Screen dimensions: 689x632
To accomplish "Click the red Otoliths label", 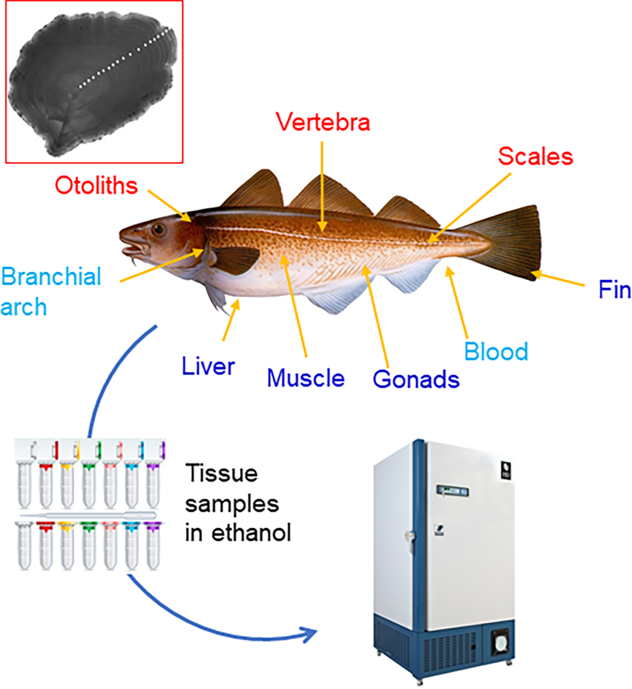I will (x=96, y=186).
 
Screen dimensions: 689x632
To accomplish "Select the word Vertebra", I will (x=323, y=122).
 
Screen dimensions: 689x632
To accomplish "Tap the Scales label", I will (x=535, y=157).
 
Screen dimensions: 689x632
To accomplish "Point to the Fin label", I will (x=614, y=290).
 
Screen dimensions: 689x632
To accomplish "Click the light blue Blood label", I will (x=496, y=351).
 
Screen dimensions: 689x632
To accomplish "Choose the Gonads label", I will (x=416, y=380).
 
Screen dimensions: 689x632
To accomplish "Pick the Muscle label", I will (x=306, y=378).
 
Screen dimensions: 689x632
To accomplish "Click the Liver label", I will (x=208, y=366).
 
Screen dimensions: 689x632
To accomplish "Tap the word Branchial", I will (x=51, y=277).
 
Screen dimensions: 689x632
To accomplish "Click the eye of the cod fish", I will (x=158, y=229).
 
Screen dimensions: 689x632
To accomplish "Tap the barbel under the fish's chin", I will (x=133, y=261).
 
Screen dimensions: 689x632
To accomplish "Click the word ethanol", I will (x=251, y=533).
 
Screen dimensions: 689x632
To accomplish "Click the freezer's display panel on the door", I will (x=452, y=490).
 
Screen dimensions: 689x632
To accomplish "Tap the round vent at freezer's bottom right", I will (x=499, y=644).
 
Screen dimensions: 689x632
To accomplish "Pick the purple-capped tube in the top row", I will (x=153, y=479).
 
